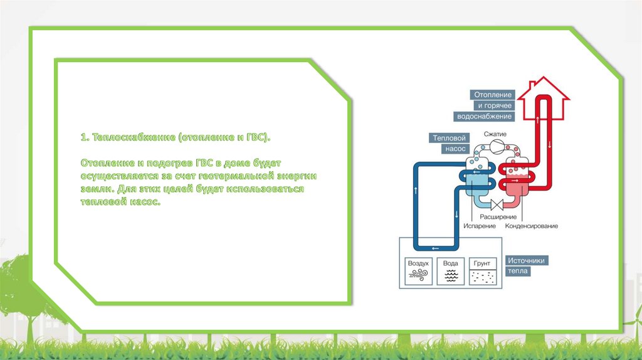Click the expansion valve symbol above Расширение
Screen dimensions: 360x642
click(x=496, y=204)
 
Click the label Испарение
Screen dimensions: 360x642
click(x=480, y=226)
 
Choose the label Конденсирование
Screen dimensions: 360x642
click(x=532, y=226)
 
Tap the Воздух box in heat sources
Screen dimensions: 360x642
click(x=418, y=271)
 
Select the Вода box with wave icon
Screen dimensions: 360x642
click(x=451, y=271)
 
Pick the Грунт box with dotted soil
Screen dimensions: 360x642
click(x=483, y=271)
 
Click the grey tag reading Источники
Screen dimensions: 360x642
click(x=528, y=260)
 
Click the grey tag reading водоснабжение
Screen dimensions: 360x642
click(x=485, y=117)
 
